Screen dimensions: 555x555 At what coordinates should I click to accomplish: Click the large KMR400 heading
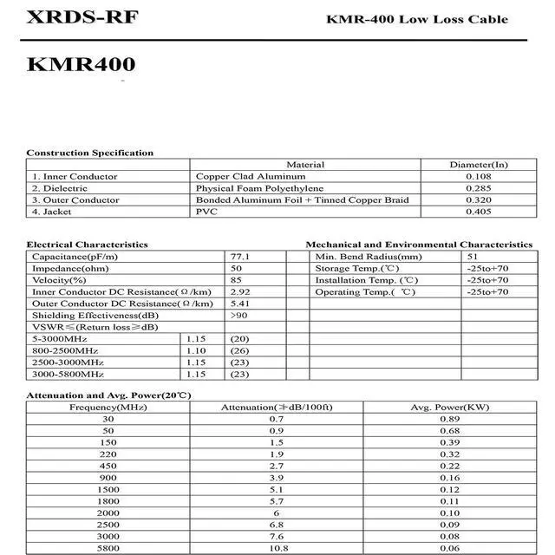coord(81,64)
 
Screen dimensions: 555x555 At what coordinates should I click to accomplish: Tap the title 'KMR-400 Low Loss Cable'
coord(416,19)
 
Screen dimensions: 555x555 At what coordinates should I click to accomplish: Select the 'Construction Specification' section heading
coord(89,153)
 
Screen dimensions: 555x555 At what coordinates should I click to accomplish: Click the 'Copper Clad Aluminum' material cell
coord(239,176)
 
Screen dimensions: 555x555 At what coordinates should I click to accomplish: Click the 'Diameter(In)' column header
coord(478,165)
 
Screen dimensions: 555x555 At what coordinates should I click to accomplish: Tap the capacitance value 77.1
coord(240,257)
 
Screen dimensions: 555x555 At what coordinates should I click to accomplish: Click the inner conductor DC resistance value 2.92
coord(240,292)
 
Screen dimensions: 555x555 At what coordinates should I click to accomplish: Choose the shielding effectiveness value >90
coord(238,316)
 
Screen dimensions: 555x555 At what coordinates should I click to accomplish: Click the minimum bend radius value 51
coord(472,257)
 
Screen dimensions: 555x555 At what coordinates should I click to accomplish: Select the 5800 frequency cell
coord(108,548)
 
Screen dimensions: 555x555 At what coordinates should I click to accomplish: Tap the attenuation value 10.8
coord(277,548)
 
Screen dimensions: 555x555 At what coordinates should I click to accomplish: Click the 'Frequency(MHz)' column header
coord(108,408)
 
